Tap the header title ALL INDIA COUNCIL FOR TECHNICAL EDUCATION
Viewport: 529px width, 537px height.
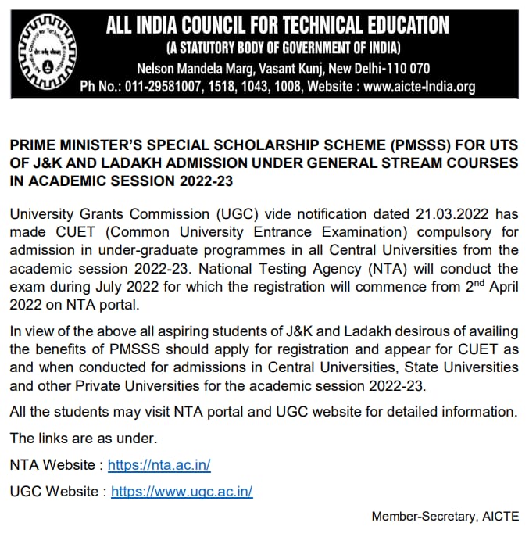click(278, 26)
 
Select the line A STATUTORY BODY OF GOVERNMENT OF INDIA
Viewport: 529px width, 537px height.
click(277, 49)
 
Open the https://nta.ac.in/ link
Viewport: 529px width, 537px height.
click(159, 464)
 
